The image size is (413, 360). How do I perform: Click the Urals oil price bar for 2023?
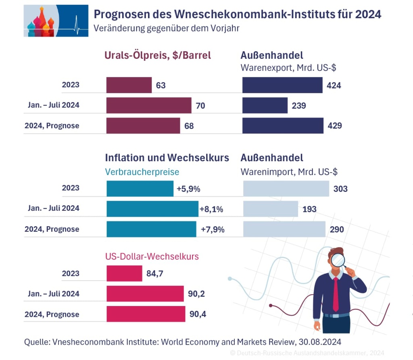click(x=129, y=85)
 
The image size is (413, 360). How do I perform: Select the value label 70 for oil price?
click(x=200, y=106)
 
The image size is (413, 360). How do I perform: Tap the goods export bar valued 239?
click(x=265, y=105)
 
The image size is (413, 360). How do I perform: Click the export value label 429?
click(x=335, y=126)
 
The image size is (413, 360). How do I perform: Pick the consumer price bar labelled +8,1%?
click(x=152, y=209)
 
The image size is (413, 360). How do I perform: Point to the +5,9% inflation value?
click(x=188, y=189)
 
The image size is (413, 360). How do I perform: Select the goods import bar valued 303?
click(x=286, y=189)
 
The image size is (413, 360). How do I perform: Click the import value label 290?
click(x=337, y=230)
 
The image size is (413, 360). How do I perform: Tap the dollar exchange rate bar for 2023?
click(x=124, y=273)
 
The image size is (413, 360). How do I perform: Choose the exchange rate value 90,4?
click(x=197, y=314)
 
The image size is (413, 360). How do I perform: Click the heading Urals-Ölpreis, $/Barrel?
click(x=158, y=56)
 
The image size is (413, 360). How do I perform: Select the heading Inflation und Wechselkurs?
click(x=167, y=158)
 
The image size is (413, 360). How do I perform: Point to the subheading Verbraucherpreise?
click(x=142, y=172)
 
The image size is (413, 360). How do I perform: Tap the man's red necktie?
click(x=336, y=294)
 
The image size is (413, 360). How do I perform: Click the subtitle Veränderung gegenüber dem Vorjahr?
click(x=167, y=29)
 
